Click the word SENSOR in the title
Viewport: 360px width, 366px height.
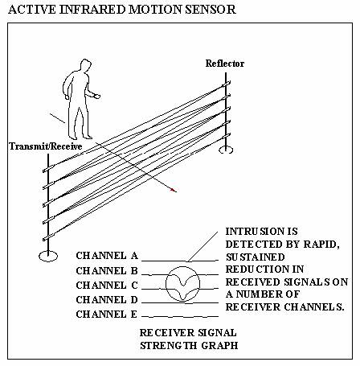(x=211, y=10)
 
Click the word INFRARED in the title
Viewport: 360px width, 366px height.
(x=92, y=10)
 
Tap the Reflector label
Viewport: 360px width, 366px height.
(x=225, y=64)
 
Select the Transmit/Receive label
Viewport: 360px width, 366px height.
(x=46, y=146)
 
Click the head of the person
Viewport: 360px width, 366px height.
(x=85, y=66)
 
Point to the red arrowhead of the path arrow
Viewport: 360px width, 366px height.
(x=174, y=190)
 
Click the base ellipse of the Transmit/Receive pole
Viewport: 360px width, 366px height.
(x=48, y=256)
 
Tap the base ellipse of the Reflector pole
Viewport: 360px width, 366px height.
(x=226, y=150)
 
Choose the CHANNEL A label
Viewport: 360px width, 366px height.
(x=107, y=256)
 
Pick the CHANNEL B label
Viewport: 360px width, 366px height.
(x=107, y=271)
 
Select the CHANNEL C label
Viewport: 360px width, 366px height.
(x=107, y=286)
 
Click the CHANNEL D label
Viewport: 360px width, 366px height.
(x=107, y=300)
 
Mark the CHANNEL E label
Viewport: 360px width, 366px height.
(x=107, y=315)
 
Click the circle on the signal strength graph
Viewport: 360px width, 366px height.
(x=166, y=284)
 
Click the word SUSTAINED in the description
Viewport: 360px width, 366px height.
(x=255, y=257)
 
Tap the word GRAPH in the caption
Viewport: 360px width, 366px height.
(x=219, y=346)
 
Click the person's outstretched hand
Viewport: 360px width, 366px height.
(x=97, y=96)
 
